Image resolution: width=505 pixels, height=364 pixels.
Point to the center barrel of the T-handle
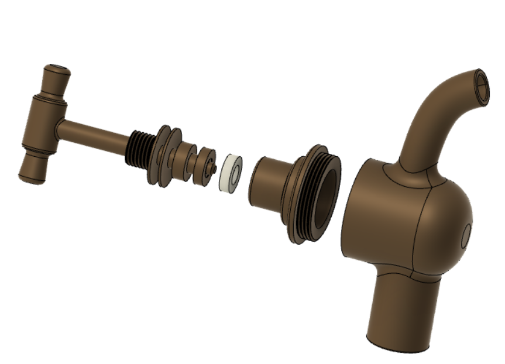[43, 125]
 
